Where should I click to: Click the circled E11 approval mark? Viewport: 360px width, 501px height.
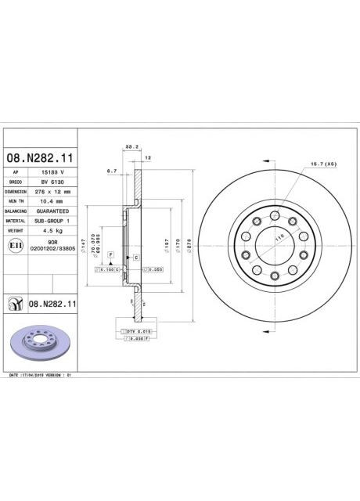[14, 246]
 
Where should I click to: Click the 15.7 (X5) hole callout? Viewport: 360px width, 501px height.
[323, 164]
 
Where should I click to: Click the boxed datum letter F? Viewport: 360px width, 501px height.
[111, 256]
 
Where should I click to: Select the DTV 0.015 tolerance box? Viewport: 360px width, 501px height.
[138, 332]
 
